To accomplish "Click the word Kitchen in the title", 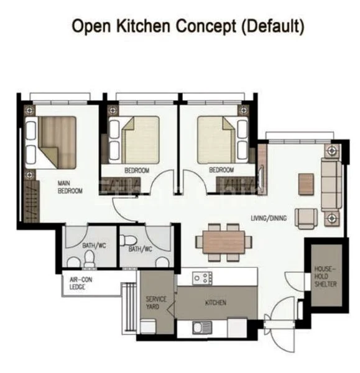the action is [143, 26].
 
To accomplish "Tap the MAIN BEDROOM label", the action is [70, 187].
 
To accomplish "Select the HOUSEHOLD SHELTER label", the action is [325, 277].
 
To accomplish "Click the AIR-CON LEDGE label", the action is [81, 283].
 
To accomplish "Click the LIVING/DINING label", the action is [269, 218].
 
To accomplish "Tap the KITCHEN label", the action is [216, 303].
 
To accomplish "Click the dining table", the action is [224, 242].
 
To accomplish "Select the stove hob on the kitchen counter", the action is [202, 278].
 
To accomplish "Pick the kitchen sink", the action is [202, 328].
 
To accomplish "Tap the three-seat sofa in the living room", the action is [331, 185].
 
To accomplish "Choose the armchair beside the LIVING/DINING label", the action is [307, 218].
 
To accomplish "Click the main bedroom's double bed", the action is [51, 142].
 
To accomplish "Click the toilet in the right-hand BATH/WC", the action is [128, 240].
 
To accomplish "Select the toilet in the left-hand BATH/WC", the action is [90, 259].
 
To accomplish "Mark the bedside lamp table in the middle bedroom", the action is [113, 111].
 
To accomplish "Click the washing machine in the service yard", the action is [148, 326].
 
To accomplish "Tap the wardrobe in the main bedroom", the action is [32, 201].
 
